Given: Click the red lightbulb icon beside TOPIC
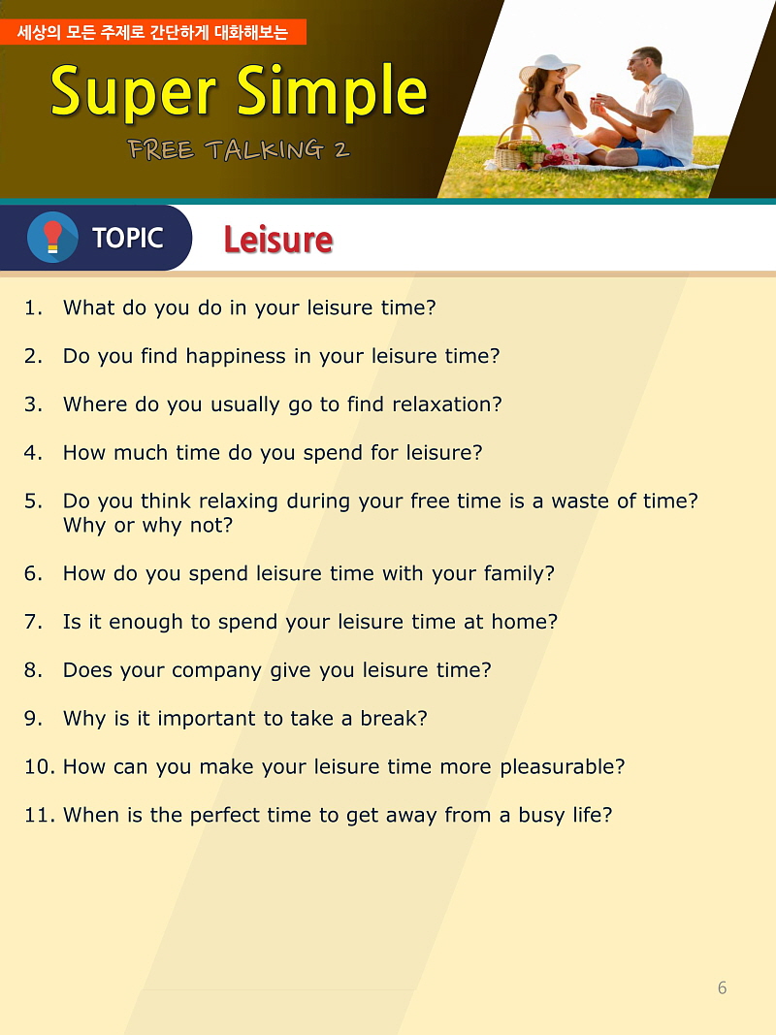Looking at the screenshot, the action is point(52,237).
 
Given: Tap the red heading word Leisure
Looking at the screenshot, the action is point(277,240).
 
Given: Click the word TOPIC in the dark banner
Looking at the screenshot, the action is point(127,238).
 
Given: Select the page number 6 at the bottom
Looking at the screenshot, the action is point(722,987).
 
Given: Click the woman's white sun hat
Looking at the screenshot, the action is point(549,67).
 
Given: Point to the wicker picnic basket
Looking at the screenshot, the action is point(519,149).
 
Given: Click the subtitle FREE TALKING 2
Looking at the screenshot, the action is point(239,149).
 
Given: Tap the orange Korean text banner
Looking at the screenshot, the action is point(153,32).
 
